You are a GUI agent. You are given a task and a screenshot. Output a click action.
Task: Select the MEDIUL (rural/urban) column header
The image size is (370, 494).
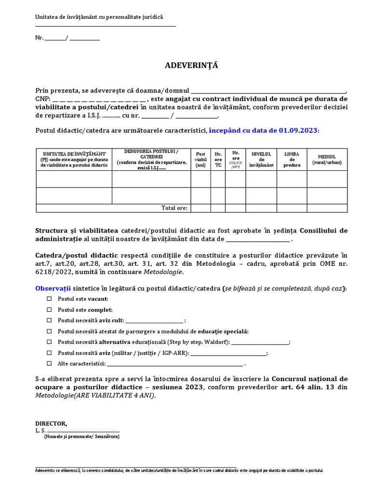327,160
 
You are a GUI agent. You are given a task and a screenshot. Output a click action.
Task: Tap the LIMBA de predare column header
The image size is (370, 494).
291,160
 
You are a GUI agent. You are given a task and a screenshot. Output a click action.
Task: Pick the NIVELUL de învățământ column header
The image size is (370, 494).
261,160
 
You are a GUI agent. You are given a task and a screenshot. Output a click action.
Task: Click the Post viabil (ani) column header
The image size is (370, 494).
200,160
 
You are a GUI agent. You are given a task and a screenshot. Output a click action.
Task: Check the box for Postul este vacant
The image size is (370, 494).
49,299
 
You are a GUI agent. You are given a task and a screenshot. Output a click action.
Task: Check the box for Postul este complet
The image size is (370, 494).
49,310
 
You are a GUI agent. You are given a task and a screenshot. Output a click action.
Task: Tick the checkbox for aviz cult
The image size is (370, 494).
49,320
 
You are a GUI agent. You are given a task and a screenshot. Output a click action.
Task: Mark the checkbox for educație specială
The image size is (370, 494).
49,331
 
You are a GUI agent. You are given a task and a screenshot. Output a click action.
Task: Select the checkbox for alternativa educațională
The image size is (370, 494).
49,342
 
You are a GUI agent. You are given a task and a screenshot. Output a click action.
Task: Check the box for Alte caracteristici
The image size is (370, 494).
49,363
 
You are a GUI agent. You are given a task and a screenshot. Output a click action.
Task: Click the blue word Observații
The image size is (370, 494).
53,288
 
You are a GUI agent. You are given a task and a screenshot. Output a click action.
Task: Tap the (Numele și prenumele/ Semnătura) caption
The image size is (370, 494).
81,437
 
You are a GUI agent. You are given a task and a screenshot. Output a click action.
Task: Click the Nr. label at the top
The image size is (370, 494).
39,38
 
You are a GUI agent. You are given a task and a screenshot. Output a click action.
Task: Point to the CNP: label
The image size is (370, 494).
42,98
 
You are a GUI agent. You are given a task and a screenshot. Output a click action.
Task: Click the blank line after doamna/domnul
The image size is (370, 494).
268,90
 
